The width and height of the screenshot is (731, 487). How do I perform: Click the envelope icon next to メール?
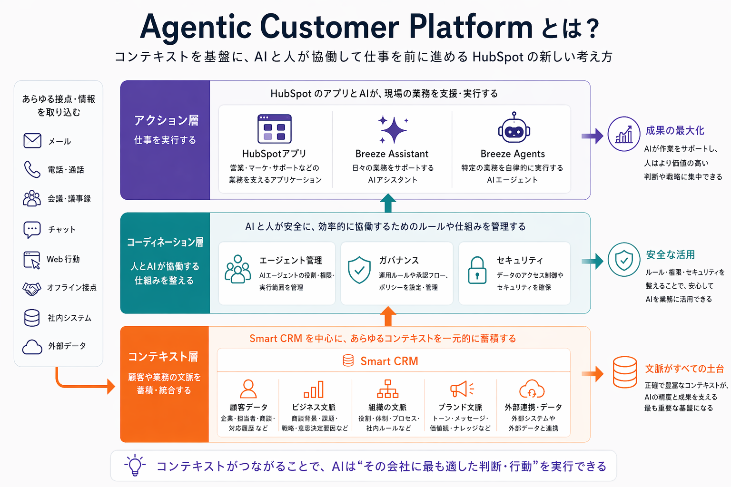(32, 141)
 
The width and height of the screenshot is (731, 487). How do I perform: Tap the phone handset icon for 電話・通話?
(32, 169)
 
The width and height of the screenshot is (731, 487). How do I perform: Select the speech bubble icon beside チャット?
(32, 230)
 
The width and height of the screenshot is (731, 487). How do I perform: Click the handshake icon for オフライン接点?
(32, 288)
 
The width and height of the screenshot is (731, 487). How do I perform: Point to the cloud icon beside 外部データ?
(32, 347)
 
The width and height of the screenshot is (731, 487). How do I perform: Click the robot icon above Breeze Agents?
(514, 128)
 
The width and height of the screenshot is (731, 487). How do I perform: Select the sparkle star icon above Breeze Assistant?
(393, 129)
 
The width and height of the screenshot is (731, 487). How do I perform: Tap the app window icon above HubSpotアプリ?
(275, 129)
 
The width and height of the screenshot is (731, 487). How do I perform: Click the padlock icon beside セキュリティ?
(477, 270)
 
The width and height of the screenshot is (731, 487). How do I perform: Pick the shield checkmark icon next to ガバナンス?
(359, 270)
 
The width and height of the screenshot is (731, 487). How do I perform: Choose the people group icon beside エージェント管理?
(237, 269)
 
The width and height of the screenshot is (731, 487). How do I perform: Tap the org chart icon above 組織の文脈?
(388, 389)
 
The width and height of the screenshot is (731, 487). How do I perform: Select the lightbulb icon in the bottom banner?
(135, 465)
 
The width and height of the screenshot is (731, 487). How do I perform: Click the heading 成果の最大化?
(675, 131)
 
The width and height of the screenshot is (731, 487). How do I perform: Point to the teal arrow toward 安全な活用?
(593, 261)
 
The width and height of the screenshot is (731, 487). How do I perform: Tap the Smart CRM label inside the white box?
(389, 361)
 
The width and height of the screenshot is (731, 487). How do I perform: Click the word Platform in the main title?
(471, 27)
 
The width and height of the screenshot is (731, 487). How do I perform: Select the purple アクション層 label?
(166, 121)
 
